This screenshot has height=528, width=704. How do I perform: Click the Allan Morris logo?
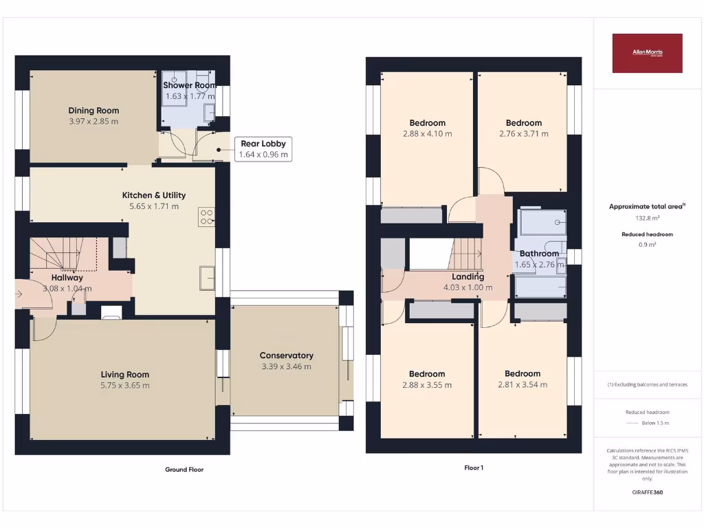tap(647, 53)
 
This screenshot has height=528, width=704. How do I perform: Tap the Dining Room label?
tap(93, 110)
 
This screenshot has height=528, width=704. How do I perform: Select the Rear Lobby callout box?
tap(263, 149)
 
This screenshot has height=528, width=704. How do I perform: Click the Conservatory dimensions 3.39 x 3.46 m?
tap(286, 366)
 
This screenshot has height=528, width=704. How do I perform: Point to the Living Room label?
tap(125, 374)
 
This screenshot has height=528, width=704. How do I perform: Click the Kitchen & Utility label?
tap(154, 195)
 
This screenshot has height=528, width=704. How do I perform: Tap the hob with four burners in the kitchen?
tap(206, 217)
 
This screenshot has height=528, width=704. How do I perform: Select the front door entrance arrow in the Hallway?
tap(19, 296)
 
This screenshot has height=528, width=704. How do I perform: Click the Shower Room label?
tap(190, 85)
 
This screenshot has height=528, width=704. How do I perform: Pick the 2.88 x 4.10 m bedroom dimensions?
tap(427, 134)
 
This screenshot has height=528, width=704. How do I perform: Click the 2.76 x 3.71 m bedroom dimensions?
tap(524, 134)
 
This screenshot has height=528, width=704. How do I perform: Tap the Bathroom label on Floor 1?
tap(539, 253)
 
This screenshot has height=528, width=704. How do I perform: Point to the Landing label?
tap(467, 276)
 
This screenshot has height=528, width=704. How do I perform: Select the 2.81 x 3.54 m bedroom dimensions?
tap(523, 385)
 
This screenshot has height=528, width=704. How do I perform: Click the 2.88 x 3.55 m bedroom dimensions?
tap(427, 385)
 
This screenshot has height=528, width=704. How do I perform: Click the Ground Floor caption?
tap(184, 470)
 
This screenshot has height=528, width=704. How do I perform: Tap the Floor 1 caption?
tap(474, 467)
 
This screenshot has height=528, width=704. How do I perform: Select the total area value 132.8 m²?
tap(647, 218)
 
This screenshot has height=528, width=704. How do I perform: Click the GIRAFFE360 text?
tap(647, 492)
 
